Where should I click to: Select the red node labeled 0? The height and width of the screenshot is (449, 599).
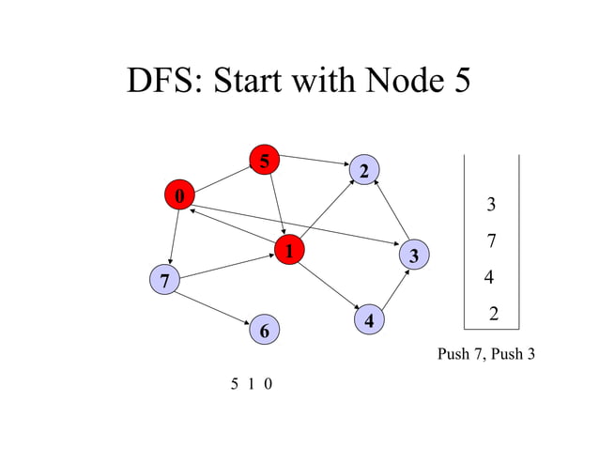click(178, 195)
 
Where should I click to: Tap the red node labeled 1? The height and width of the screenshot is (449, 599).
click(289, 251)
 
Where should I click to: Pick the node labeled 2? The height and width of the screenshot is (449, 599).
click(363, 170)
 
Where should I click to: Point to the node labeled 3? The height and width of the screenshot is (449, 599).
click(414, 255)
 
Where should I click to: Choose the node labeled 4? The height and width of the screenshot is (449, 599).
click(370, 320)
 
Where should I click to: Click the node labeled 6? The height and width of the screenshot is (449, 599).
click(265, 331)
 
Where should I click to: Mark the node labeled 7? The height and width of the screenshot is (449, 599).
click(164, 280)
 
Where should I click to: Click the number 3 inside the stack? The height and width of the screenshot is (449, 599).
click(491, 205)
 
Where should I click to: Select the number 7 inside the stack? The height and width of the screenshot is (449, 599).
click(491, 241)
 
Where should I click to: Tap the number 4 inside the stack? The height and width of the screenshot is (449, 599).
click(488, 278)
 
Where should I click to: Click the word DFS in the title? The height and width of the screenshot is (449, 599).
click(165, 82)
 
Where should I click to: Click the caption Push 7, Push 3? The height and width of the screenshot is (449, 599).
click(485, 354)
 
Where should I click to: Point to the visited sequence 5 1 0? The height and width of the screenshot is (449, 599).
click(252, 383)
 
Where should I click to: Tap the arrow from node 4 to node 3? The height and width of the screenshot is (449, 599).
click(393, 288)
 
